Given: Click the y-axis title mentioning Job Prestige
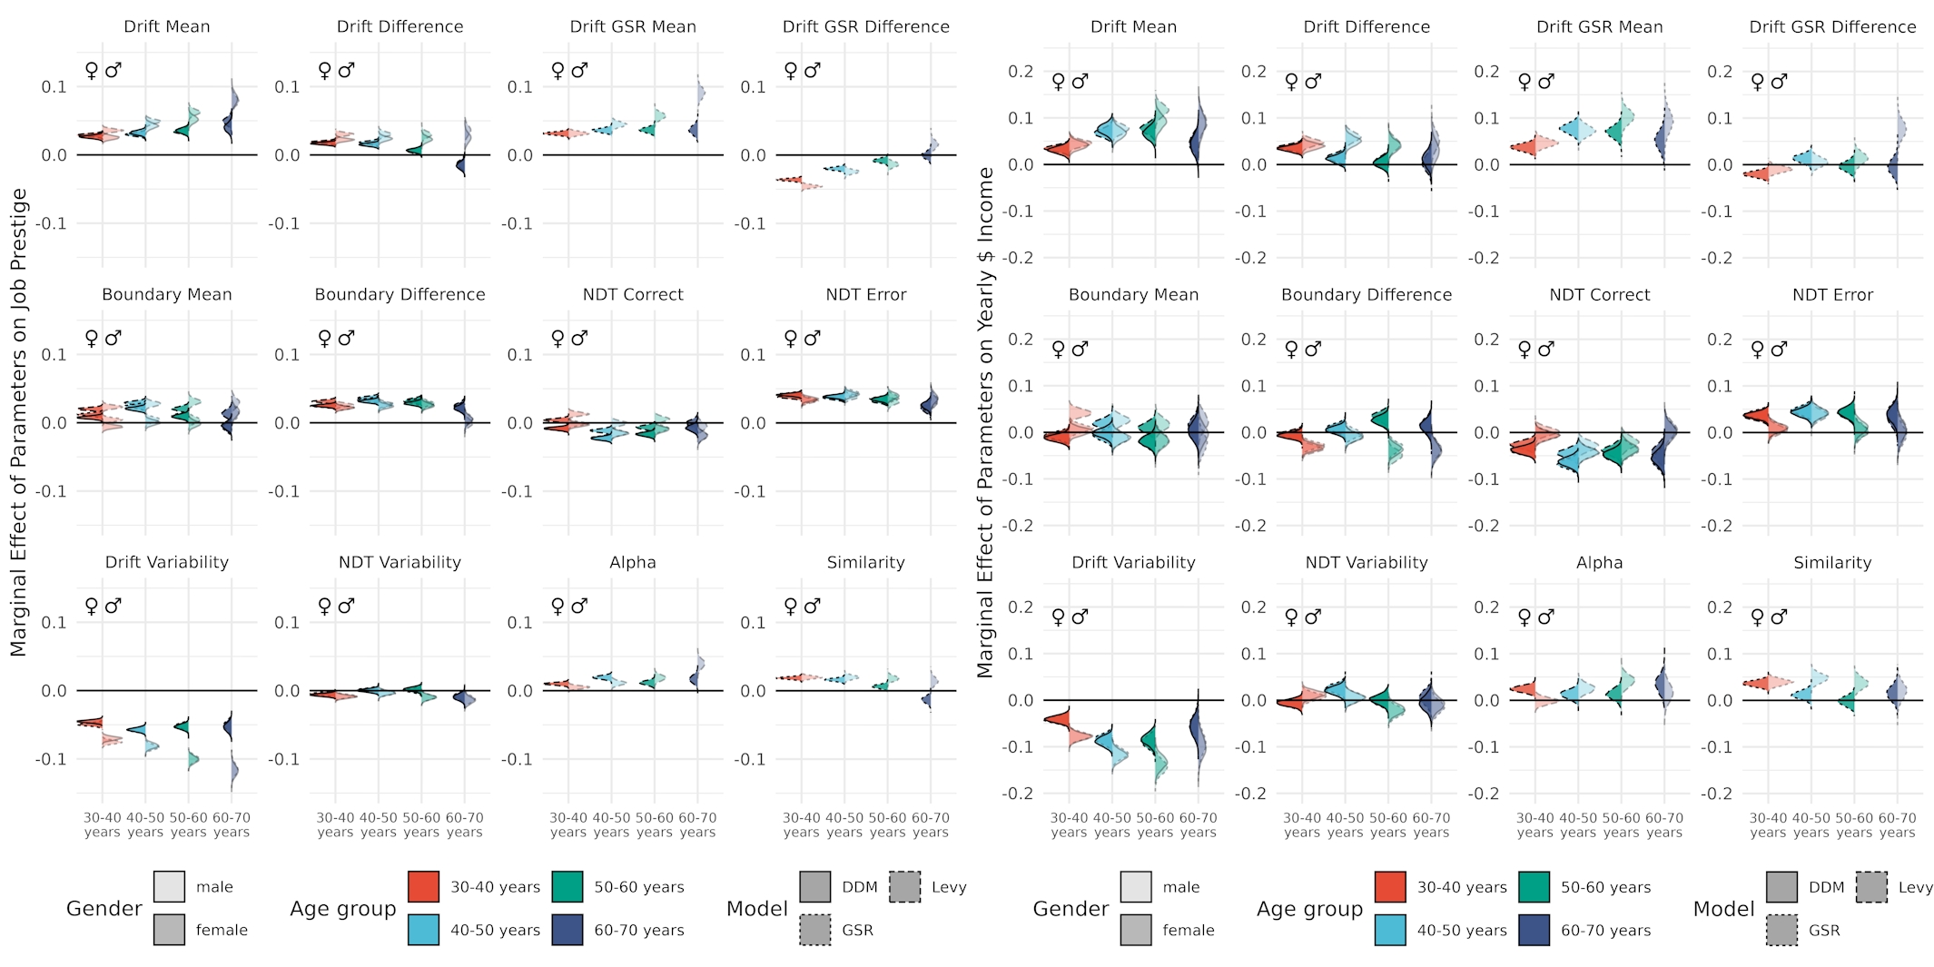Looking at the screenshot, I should pos(19,422).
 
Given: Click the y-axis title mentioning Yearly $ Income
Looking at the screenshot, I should pos(985,422).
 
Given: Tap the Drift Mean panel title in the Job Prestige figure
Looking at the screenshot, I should pos(167,26).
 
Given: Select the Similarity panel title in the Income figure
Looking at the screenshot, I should pos(1832,562).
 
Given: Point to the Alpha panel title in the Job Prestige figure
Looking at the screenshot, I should pos(633,562).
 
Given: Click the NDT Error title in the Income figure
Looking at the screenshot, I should pos(1832,294).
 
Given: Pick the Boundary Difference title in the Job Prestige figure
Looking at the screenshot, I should pos(400,294).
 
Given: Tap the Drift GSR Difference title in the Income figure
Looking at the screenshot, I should pos(1832,26).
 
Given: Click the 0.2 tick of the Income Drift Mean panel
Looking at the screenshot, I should pos(1021,71).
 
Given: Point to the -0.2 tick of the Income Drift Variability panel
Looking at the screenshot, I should pos(1018,793).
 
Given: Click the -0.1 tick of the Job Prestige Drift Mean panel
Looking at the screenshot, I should pos(52,223).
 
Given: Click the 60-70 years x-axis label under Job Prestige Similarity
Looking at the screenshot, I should pos(931,824).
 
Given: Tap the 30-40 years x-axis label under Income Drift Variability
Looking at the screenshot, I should pos(1069,824).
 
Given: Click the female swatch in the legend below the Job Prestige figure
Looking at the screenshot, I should pos(169,929).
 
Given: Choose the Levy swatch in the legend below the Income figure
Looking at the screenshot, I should pos(1871,886).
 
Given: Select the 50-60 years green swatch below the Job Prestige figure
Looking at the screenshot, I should pos(567,886).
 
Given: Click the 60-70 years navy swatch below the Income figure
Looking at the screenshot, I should pos(1534,929).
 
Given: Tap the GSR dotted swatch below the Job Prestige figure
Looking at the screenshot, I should pos(815,929).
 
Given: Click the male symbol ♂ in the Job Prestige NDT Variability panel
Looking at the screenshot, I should pos(347,606).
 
